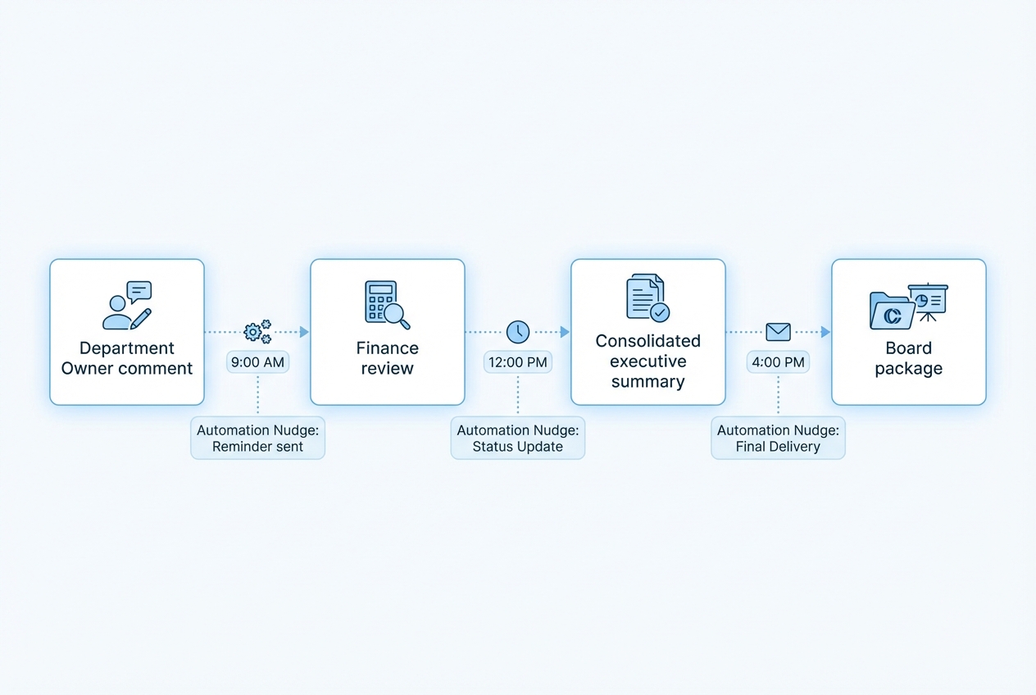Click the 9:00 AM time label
[258, 362]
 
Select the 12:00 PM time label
[517, 362]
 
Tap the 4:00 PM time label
[778, 362]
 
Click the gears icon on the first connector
[257, 332]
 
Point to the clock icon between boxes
[518, 332]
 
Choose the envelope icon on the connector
[778, 332]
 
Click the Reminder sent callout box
[258, 438]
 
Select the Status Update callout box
[518, 438]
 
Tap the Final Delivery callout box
[778, 438]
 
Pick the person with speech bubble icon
[127, 306]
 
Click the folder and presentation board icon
[908, 306]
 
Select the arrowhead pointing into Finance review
[305, 332]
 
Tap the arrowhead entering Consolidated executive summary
[565, 332]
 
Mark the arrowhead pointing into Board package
[825, 332]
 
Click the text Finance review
[387, 358]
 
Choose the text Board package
[908, 358]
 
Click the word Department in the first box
[127, 348]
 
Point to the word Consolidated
[647, 340]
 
